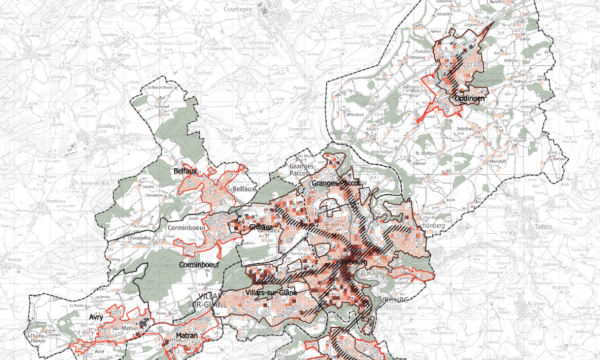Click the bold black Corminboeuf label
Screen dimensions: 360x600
point(198,265)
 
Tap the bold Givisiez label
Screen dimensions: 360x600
point(262,227)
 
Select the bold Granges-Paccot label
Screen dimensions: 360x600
point(336,185)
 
